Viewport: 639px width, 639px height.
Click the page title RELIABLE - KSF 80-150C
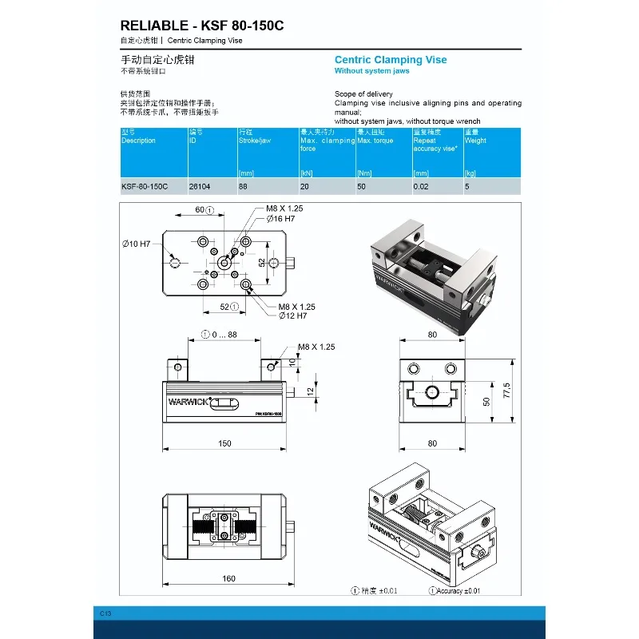(x=201, y=26)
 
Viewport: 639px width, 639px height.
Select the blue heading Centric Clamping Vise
(x=391, y=60)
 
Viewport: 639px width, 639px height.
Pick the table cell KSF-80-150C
(x=145, y=186)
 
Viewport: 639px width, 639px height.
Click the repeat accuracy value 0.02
(x=421, y=186)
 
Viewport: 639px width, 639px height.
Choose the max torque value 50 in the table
(x=362, y=186)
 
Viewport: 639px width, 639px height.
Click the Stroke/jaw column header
(x=255, y=141)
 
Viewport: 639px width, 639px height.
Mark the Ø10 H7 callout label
(x=137, y=244)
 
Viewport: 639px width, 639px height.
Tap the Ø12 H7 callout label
(x=292, y=316)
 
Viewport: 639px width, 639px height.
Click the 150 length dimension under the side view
(x=225, y=443)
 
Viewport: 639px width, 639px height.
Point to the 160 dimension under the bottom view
(x=228, y=578)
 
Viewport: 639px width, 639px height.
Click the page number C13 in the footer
(x=105, y=613)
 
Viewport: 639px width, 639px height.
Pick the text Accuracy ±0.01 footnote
(x=458, y=591)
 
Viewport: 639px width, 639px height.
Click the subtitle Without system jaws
(x=371, y=71)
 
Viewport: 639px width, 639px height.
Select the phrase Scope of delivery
(x=363, y=94)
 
